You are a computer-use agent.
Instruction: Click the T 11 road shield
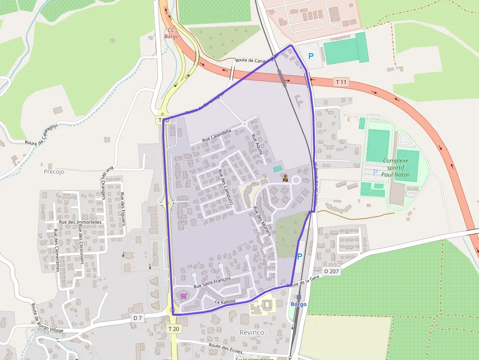[341, 82]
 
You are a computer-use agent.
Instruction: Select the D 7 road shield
[138, 318]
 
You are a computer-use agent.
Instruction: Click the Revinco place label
[252, 332]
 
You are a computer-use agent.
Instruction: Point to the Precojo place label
[54, 171]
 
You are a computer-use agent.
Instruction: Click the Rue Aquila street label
[257, 144]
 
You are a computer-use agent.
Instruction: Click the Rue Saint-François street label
[212, 283]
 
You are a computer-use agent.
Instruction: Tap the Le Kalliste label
[225, 303]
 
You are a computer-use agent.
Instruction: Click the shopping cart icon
[183, 296]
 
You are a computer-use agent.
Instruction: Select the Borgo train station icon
[299, 297]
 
